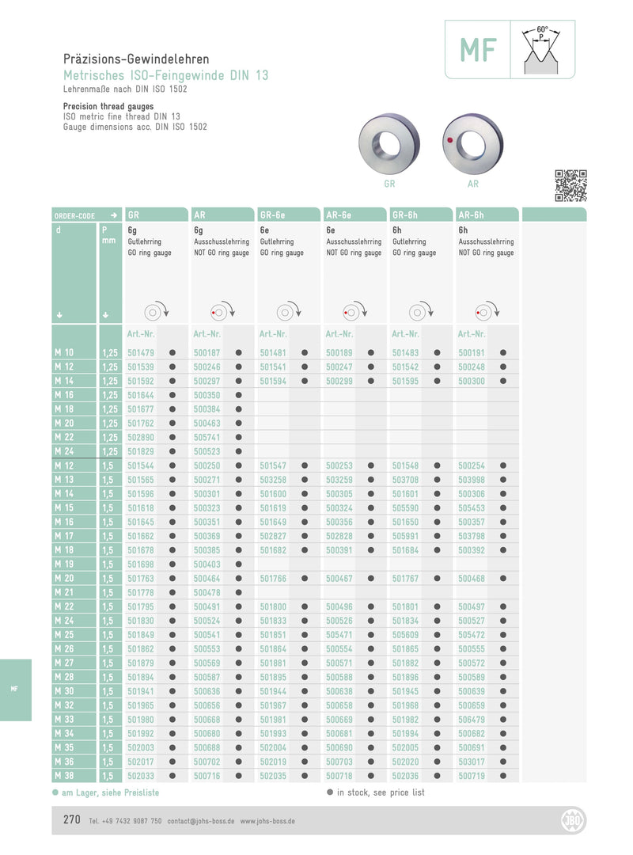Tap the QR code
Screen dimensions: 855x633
[x=570, y=185]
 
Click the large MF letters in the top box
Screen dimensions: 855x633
[x=479, y=51]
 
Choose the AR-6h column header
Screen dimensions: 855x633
[x=471, y=215]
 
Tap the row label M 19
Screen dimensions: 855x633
[x=64, y=564]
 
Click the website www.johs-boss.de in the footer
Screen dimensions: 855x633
[x=267, y=822]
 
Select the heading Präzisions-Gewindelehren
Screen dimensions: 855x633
[x=136, y=59]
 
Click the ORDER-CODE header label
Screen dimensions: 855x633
[x=74, y=215]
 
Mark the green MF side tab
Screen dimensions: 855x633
[x=15, y=690]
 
